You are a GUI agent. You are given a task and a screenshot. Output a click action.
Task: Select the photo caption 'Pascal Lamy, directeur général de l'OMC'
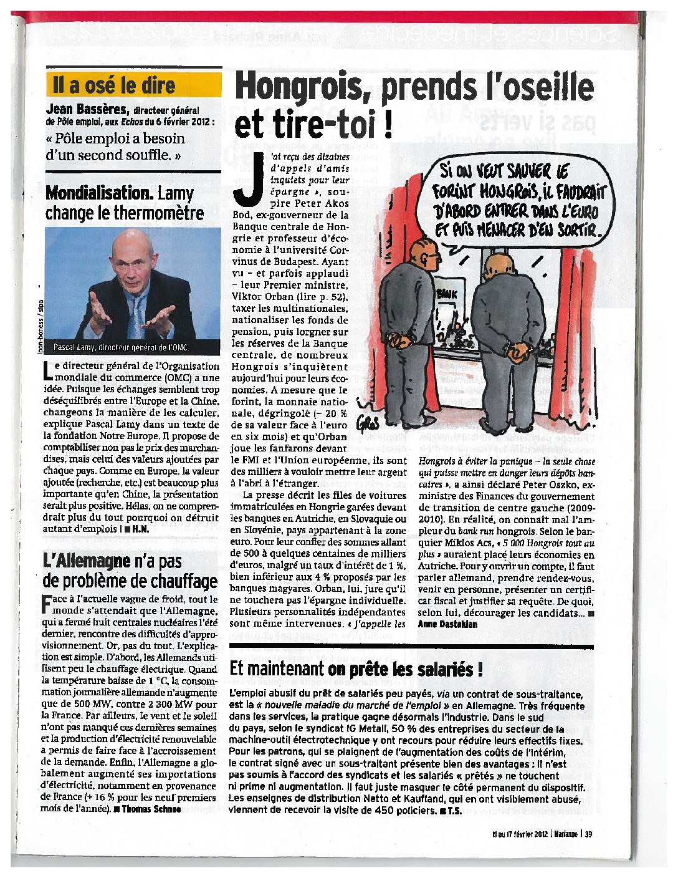pos(120,347)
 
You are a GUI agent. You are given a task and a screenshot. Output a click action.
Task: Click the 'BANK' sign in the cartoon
pos(447,294)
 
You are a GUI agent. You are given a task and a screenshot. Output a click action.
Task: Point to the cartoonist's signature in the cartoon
pos(367,424)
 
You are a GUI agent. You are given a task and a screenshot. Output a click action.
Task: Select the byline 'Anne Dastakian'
pos(447,624)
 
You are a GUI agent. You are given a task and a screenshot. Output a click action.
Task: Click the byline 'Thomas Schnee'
pos(151,809)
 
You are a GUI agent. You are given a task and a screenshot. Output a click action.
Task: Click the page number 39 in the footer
pos(589,834)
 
